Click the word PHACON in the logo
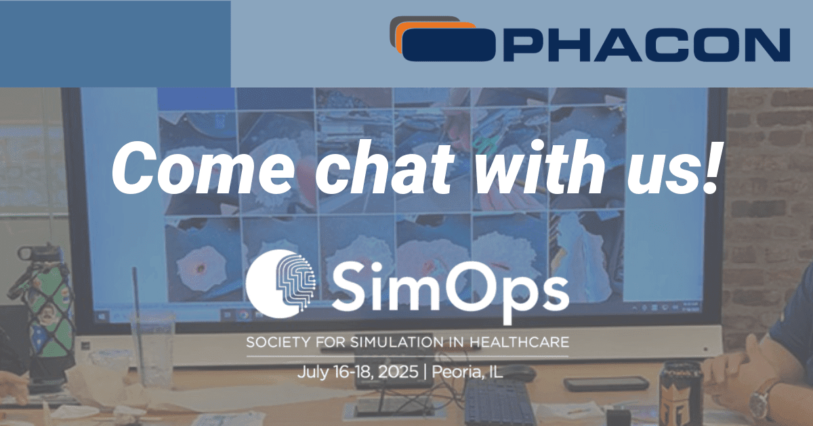click(x=646, y=45)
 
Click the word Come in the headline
click(x=203, y=168)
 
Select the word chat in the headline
click(x=385, y=168)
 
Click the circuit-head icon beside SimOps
click(x=280, y=284)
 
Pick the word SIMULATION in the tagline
click(x=397, y=343)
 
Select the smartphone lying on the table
click(x=606, y=383)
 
